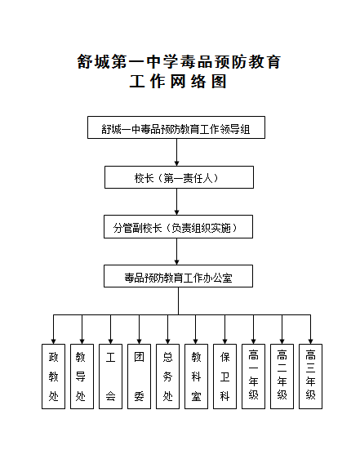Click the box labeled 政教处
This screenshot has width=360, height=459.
coord(53,377)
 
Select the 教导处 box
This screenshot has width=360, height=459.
coord(82,377)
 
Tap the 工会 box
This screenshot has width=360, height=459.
coord(111,377)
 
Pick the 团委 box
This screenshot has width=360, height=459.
coord(139,377)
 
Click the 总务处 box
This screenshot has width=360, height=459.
coord(167,377)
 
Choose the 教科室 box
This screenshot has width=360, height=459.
coord(196,377)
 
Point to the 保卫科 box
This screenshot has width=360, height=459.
coord(224,377)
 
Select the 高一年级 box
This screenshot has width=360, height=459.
coord(253,377)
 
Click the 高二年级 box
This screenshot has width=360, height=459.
coord(282,377)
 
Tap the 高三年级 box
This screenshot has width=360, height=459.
coord(310,377)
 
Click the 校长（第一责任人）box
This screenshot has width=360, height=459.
coord(179,177)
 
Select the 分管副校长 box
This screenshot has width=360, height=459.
coord(178,227)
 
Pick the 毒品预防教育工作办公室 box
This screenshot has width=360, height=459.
coord(178,276)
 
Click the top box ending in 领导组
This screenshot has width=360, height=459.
coord(176,127)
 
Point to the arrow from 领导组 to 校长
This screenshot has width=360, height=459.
coord(176,152)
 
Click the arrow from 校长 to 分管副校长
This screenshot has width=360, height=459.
coord(176,202)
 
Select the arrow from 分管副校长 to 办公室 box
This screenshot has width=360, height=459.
coord(176,252)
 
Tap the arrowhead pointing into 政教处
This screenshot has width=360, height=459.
coord(53,341)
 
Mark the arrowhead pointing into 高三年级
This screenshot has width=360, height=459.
coord(310,341)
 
